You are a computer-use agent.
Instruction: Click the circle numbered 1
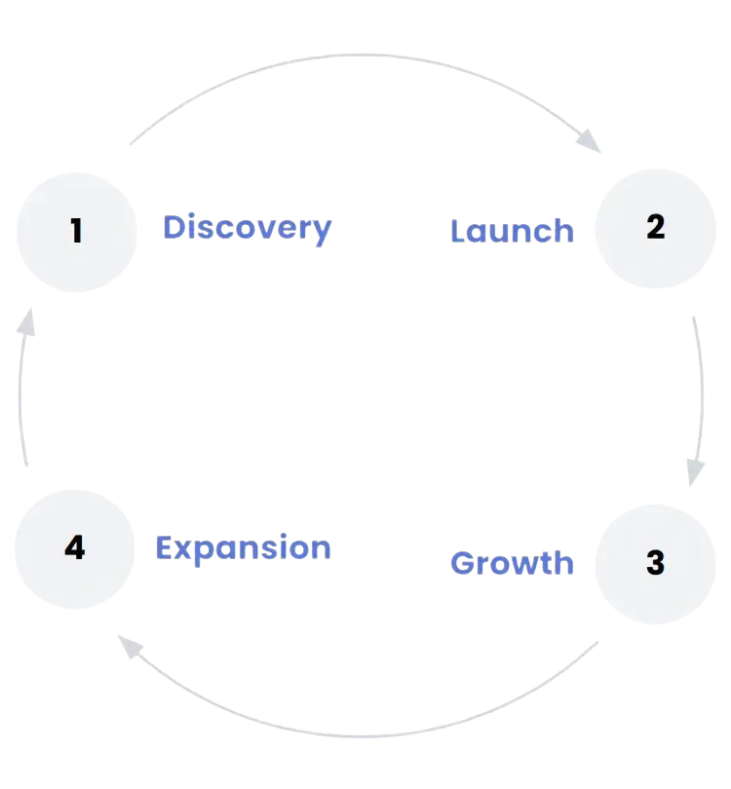pyautogui.click(x=77, y=232)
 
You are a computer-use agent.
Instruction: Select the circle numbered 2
pyautogui.click(x=655, y=227)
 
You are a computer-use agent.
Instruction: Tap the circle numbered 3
pyautogui.click(x=655, y=562)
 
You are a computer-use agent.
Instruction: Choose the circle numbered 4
pyautogui.click(x=75, y=548)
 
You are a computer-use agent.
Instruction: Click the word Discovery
pyautogui.click(x=247, y=228)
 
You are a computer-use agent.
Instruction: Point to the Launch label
pyautogui.click(x=512, y=232)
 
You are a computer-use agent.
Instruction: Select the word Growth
pyautogui.click(x=512, y=563)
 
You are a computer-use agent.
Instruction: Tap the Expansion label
pyautogui.click(x=243, y=548)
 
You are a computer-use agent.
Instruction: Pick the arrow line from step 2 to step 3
pyautogui.click(x=703, y=390)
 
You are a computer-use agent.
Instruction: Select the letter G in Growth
pyautogui.click(x=464, y=563)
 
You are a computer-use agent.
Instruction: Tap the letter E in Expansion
pyautogui.click(x=165, y=547)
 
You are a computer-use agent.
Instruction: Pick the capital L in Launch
pyautogui.click(x=460, y=231)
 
